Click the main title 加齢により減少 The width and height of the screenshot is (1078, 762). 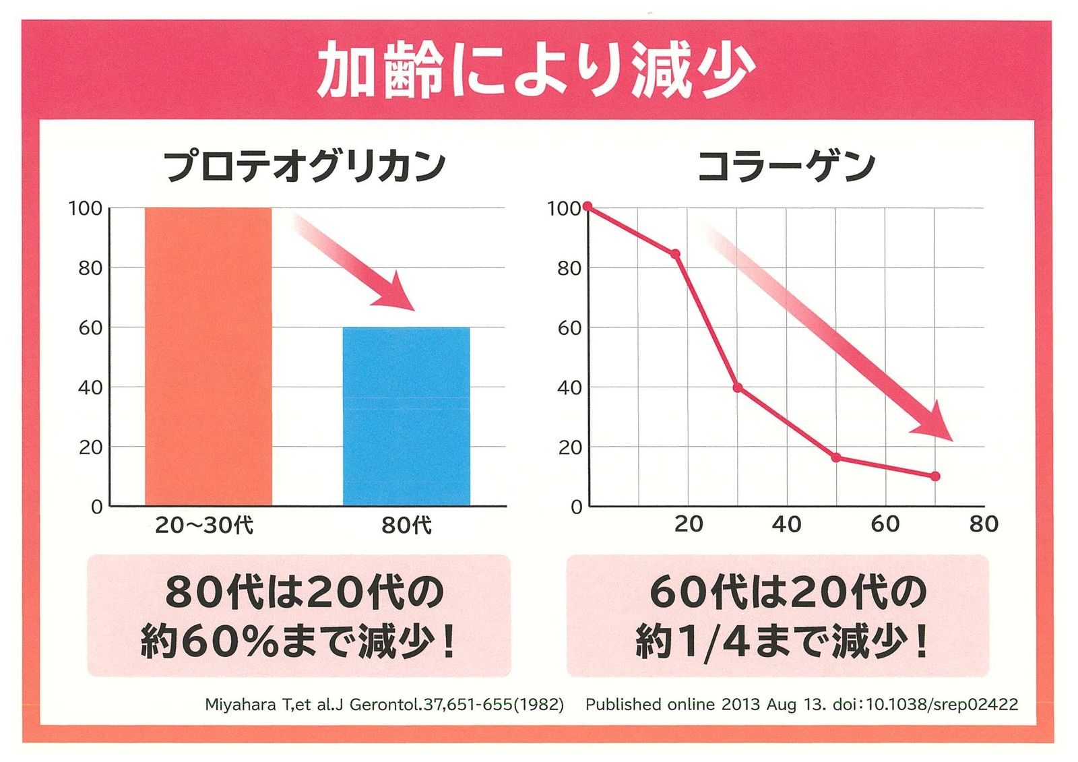coord(536,69)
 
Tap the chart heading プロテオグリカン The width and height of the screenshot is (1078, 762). coord(305,166)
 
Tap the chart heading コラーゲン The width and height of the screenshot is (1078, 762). coord(786,166)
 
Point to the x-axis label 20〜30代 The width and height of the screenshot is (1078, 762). coord(204,525)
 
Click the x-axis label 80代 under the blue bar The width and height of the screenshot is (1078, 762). coord(406,525)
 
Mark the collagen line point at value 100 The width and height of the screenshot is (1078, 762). coord(588,206)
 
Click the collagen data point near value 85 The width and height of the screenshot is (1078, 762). coord(675,254)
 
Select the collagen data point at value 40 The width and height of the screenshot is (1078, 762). coord(738,387)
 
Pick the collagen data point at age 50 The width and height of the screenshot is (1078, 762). coord(836,457)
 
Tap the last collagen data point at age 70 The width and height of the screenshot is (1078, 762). coord(935,476)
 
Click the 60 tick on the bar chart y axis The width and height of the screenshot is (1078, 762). coord(90,328)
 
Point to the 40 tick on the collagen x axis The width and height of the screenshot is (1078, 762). coord(786,524)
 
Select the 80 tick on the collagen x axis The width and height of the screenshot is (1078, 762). coord(984,524)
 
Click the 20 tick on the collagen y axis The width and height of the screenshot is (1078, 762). coord(569,447)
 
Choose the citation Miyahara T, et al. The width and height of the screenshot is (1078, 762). coord(384,705)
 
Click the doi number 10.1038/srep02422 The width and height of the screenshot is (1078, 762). coord(942,705)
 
